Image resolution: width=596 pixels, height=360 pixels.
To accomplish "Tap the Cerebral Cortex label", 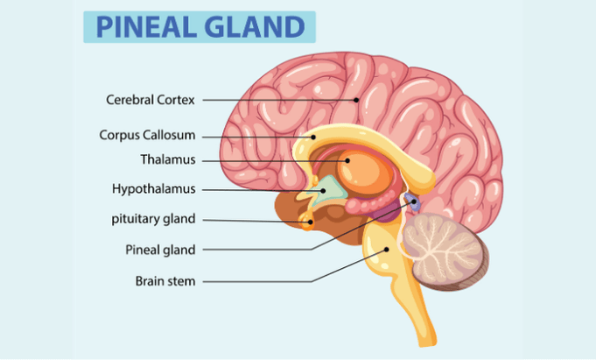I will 150,100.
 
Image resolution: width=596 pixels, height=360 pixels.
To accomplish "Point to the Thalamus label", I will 168,160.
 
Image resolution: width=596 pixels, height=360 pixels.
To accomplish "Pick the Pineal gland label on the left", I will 161,250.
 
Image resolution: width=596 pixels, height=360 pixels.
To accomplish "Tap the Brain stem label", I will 165,281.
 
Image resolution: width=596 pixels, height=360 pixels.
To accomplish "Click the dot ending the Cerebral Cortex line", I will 357,100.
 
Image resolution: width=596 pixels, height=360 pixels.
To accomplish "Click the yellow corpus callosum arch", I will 368,140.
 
